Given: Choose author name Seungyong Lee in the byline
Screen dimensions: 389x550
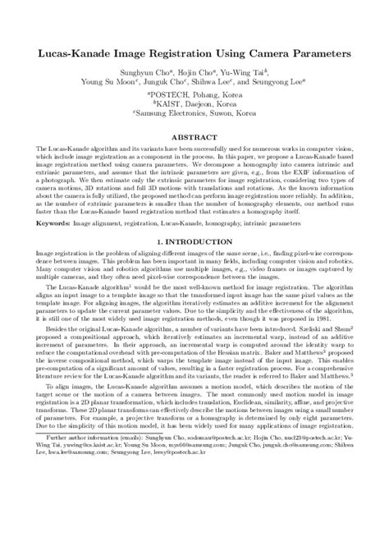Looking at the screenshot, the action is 277,83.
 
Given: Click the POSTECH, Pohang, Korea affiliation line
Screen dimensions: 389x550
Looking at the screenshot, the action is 194,95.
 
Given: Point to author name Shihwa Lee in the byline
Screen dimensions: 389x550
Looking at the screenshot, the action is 223,83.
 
